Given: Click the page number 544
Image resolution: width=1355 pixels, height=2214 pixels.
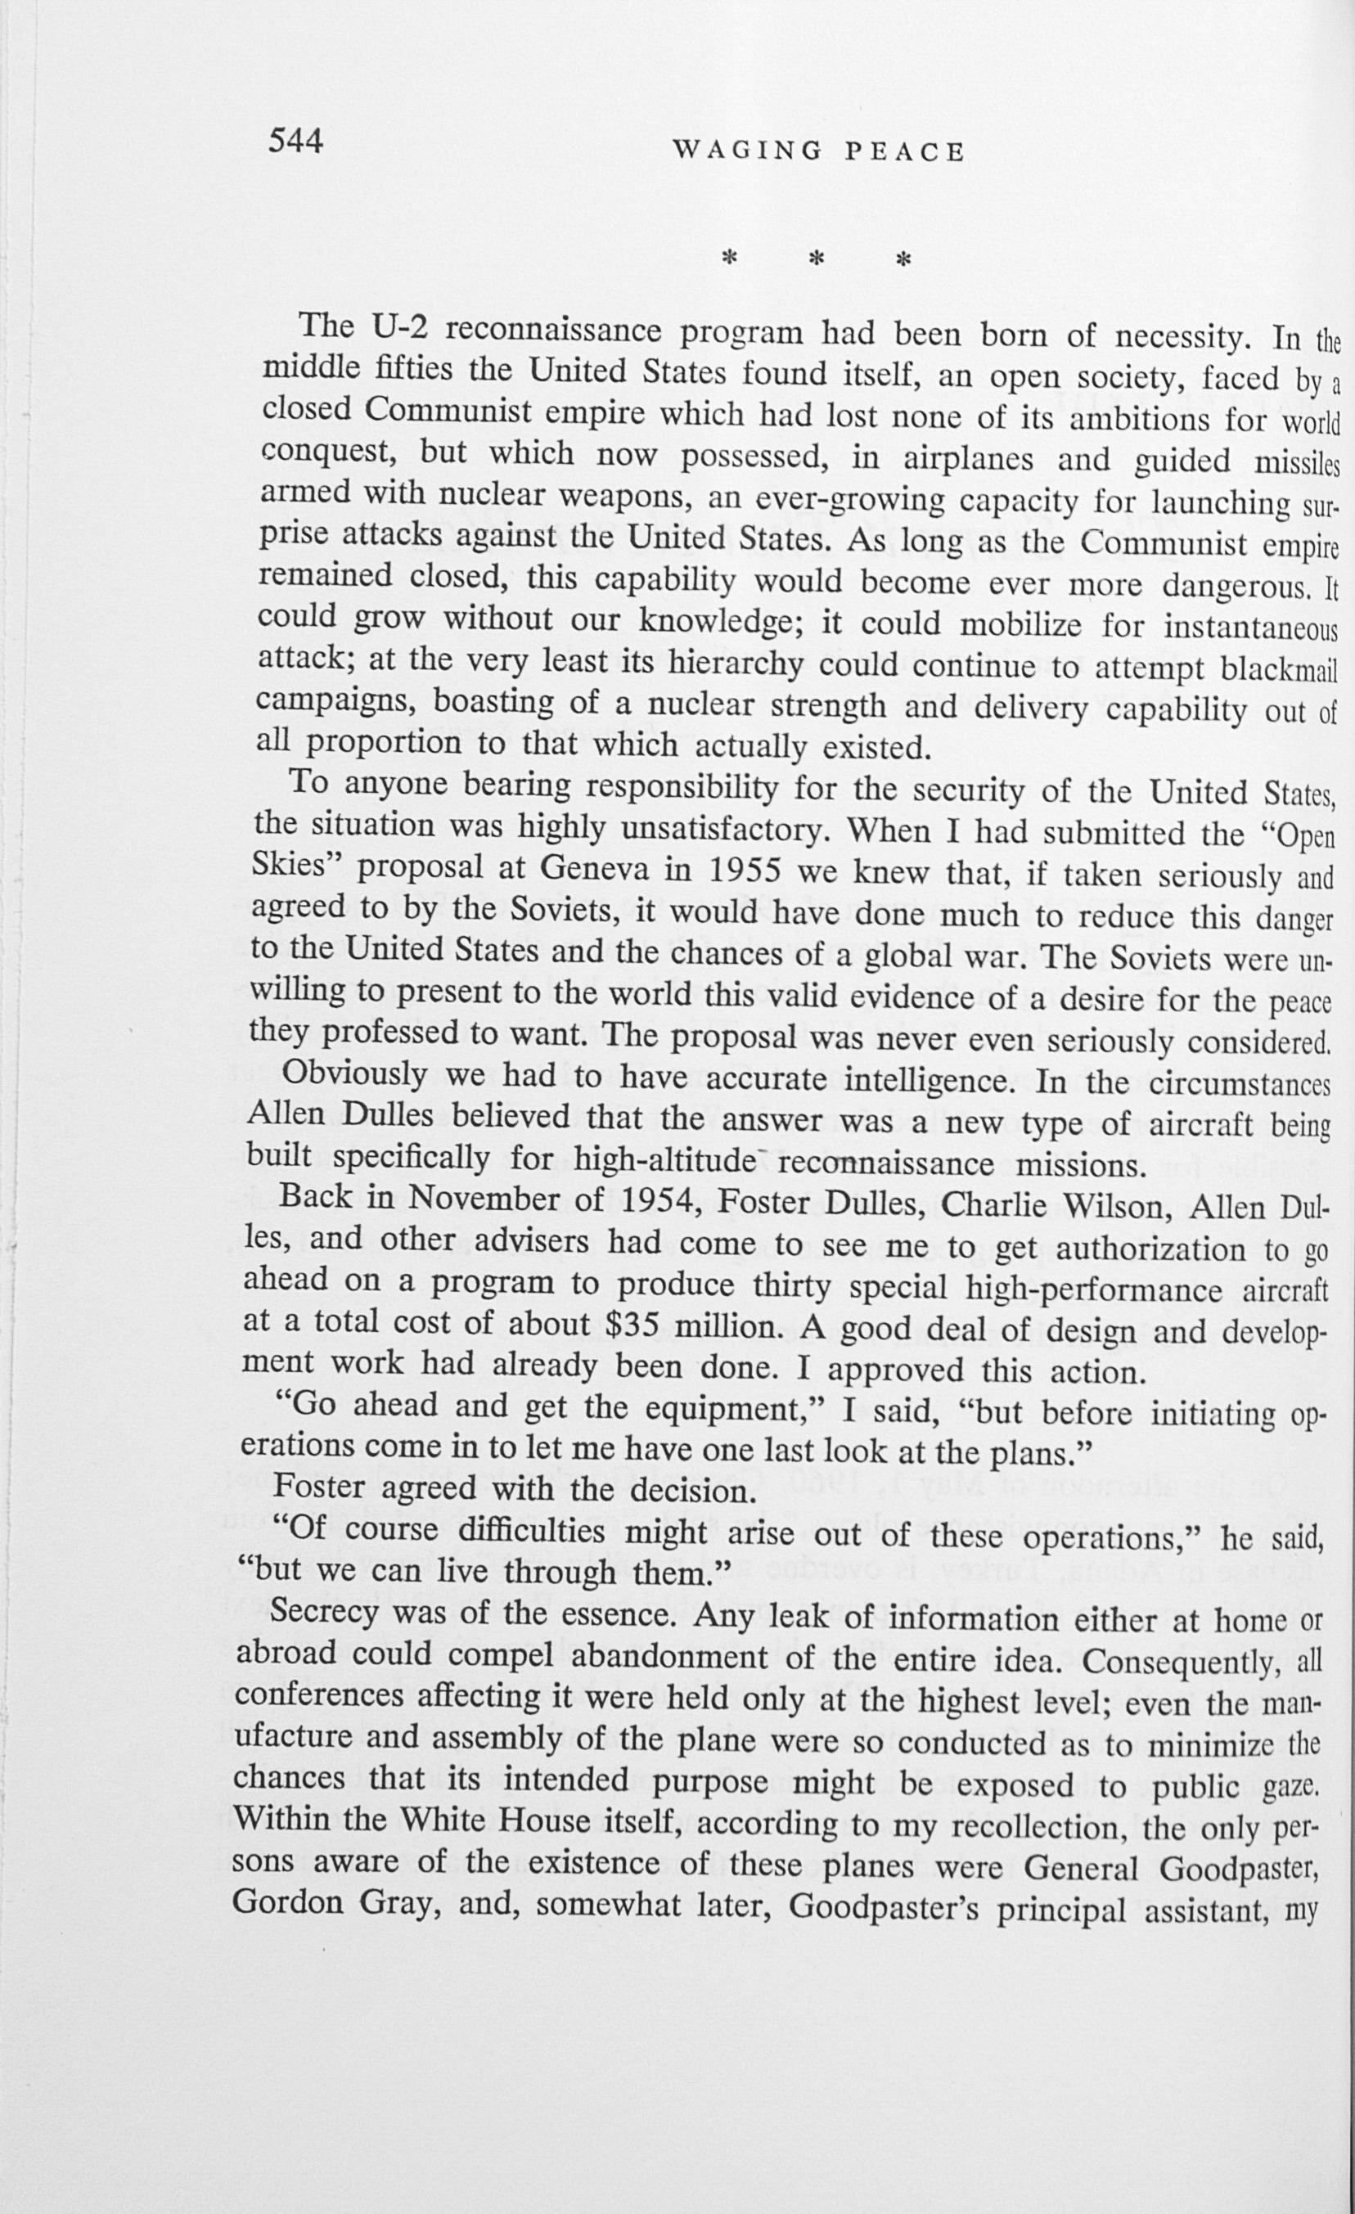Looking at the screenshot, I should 295,141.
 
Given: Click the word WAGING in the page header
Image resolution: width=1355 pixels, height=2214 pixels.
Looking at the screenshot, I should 748,151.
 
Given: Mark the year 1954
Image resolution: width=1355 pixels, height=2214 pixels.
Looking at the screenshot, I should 661,1199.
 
